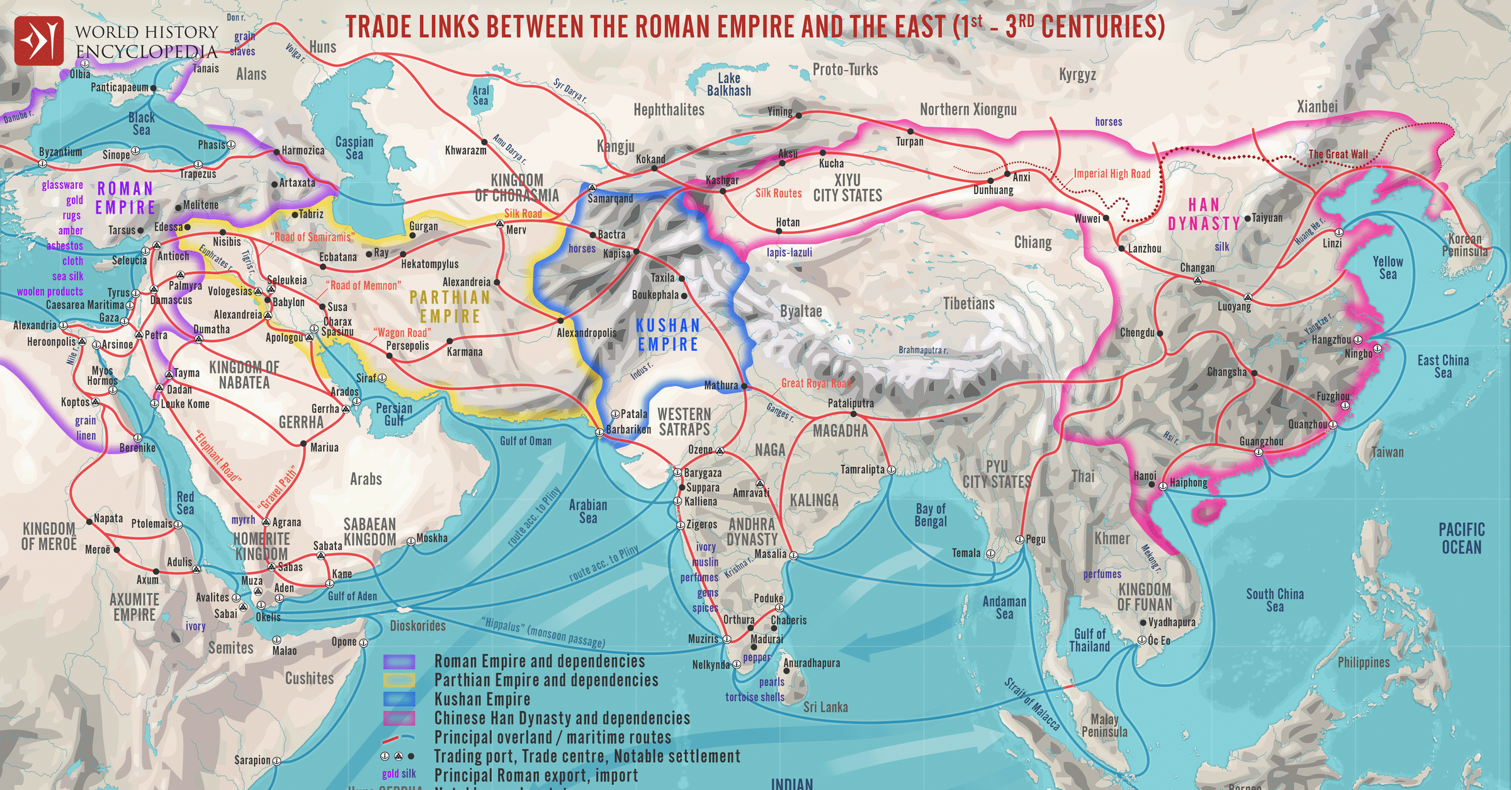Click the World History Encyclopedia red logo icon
[x=39, y=41]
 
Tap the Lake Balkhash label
[x=728, y=84]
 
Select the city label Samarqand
[x=610, y=198]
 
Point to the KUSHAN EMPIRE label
[x=667, y=335]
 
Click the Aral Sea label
[x=480, y=95]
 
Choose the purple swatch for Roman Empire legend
[x=399, y=661]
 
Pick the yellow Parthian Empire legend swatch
[x=399, y=680]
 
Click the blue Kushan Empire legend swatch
[x=399, y=699]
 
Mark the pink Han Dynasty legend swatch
[x=399, y=718]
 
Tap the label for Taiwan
[x=1388, y=452]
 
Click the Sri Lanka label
[x=825, y=707]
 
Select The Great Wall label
[x=1338, y=154]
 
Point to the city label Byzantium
[x=60, y=152]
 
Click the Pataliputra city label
[x=851, y=403]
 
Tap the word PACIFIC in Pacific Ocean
[x=1461, y=530]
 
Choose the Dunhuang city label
[x=993, y=190]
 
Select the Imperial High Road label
[x=1112, y=174]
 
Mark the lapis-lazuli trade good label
[x=789, y=253]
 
